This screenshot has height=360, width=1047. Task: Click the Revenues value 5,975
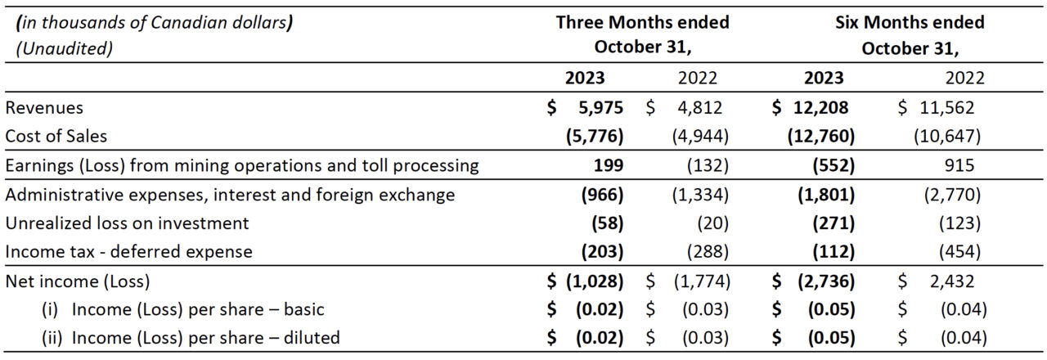600,108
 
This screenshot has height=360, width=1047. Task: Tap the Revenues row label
44,108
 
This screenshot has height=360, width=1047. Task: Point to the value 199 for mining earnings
608,165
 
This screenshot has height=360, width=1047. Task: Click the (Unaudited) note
65,48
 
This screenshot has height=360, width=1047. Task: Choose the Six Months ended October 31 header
910,35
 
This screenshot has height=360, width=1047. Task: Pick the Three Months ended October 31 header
643,34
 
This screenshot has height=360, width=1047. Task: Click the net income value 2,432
952,281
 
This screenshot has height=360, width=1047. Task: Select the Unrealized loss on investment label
127,223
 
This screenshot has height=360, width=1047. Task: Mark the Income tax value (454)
960,252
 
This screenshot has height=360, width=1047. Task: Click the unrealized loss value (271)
834,223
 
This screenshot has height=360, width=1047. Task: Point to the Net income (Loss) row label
78,281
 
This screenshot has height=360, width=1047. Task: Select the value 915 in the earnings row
959,165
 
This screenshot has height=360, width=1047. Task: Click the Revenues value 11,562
947,108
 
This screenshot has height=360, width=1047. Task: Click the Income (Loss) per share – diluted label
191,338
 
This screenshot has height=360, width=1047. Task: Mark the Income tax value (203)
603,252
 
